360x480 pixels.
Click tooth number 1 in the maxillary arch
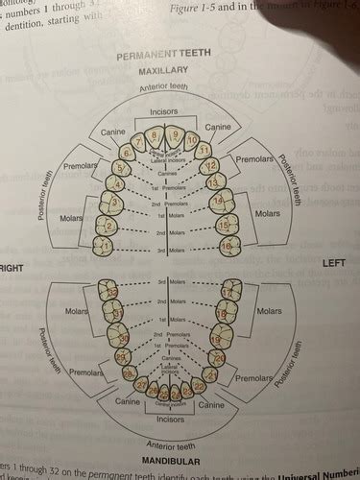click(106, 248)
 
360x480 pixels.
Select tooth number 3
click(114, 203)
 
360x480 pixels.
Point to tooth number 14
click(219, 202)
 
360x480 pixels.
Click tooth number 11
click(204, 151)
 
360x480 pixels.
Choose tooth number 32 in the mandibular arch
click(111, 291)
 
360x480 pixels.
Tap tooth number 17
click(228, 291)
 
